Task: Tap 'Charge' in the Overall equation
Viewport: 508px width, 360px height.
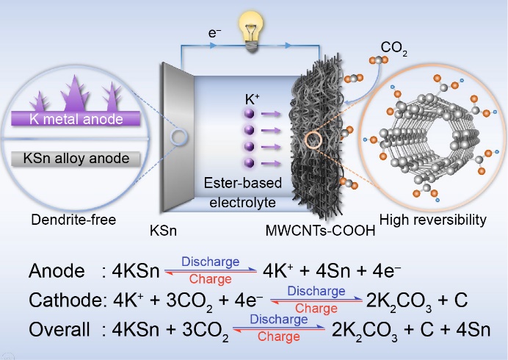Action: [x=278, y=337]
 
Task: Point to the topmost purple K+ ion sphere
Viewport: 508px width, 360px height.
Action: [x=249, y=114]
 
